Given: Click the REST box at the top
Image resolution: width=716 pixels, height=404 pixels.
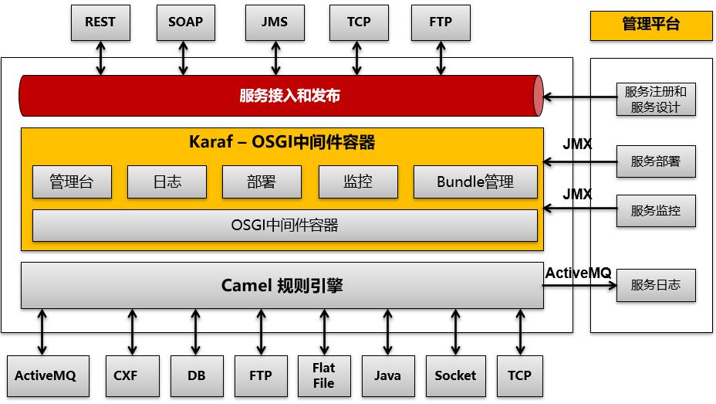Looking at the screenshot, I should click(x=100, y=22).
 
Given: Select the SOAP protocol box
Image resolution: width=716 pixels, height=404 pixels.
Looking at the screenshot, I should click(x=185, y=22).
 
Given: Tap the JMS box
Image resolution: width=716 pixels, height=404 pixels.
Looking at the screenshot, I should click(x=274, y=22).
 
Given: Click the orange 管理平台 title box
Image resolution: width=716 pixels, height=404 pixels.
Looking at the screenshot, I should click(x=650, y=25).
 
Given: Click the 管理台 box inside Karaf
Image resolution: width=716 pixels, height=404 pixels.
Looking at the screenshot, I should click(x=72, y=182).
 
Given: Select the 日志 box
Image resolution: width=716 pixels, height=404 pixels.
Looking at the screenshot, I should click(x=167, y=182).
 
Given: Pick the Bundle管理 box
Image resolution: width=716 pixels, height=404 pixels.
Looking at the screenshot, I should click(x=475, y=182).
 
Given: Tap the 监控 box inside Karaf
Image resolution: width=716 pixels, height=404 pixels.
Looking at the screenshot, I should click(x=357, y=182).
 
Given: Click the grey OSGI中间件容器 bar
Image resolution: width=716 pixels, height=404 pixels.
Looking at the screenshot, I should click(x=285, y=226).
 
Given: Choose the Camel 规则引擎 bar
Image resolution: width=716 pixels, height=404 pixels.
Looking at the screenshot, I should click(x=282, y=285).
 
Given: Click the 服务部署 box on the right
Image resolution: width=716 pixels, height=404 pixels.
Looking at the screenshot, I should click(x=656, y=161).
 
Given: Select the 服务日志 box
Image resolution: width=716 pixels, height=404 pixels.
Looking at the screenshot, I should click(x=656, y=285).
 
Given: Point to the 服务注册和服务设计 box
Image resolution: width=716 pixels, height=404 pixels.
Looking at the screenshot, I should click(x=656, y=99).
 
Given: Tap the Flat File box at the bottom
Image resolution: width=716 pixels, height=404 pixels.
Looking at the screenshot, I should click(x=324, y=375).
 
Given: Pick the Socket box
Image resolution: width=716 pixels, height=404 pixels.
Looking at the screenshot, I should click(x=455, y=375).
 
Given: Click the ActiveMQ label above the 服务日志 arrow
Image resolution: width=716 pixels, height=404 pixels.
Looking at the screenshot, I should click(x=578, y=273).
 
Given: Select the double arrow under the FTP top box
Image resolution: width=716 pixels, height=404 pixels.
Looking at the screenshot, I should click(x=441, y=58).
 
